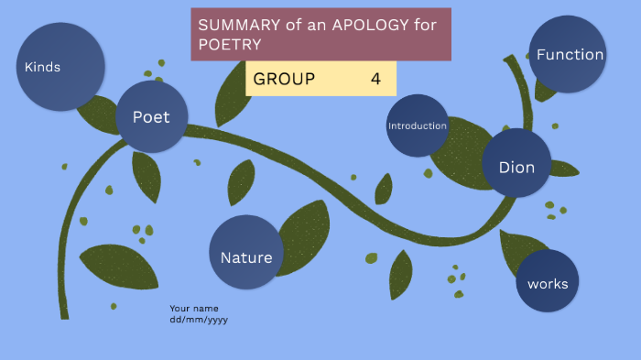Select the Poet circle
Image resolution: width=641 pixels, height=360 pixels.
[151, 116]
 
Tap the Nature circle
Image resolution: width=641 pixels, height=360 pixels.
[245, 257]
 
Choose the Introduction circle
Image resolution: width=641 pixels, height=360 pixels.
[417, 125]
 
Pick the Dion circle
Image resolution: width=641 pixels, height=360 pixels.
[516, 166]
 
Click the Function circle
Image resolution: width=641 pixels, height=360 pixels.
[568, 54]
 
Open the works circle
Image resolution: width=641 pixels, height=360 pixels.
[548, 282]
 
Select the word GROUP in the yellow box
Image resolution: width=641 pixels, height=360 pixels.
[284, 79]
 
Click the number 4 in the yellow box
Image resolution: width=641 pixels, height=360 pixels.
[375, 79]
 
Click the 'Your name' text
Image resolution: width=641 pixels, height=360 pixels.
[194, 309]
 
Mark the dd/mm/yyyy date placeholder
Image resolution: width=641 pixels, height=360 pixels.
[199, 320]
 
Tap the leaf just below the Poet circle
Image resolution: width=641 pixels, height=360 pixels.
[146, 174]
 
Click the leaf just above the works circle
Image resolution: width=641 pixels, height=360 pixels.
[519, 248]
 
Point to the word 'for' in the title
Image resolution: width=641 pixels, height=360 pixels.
[426, 25]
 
